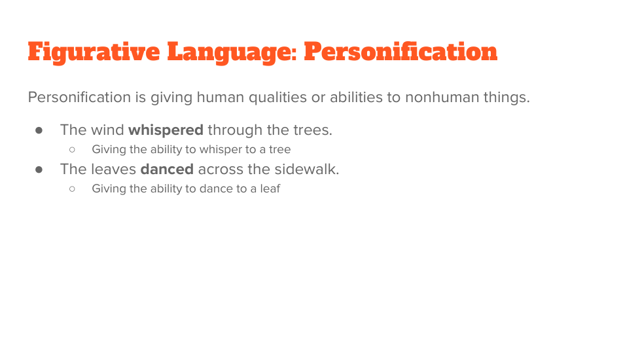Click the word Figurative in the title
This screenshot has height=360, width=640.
[x=94, y=52]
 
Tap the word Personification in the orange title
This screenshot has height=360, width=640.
[x=400, y=52]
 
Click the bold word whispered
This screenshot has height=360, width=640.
[x=166, y=130]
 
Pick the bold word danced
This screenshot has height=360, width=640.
[x=167, y=169]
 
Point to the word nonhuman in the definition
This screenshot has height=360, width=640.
[x=442, y=98]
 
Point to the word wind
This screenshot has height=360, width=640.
[x=107, y=130]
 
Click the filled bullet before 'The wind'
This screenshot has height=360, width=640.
[x=39, y=130]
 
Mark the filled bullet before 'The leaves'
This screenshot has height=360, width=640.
[x=39, y=170]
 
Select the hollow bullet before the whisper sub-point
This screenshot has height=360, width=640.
[x=72, y=150]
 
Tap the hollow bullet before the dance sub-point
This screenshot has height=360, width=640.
[x=72, y=189]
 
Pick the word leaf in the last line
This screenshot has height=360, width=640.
[x=270, y=189]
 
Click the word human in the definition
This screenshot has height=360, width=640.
[x=221, y=98]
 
